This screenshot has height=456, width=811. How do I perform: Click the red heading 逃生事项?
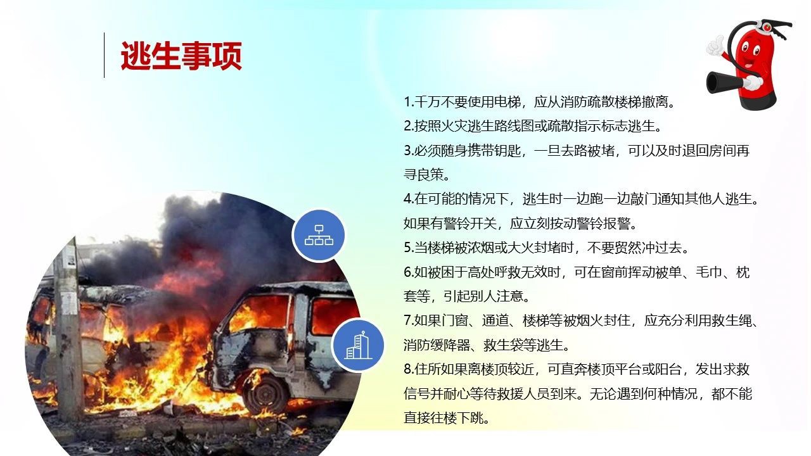click(181, 56)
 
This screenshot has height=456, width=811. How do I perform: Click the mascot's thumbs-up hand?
click(715, 46)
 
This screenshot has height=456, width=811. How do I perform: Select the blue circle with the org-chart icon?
click(319, 235)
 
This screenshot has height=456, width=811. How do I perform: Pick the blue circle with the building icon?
click(358, 345)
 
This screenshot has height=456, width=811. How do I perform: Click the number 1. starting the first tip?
click(409, 102)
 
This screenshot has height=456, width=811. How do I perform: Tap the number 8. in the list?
click(409, 369)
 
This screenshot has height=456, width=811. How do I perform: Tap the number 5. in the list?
click(409, 248)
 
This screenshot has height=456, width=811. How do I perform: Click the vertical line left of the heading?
click(105, 55)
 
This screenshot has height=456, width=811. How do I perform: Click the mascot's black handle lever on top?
click(779, 28)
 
